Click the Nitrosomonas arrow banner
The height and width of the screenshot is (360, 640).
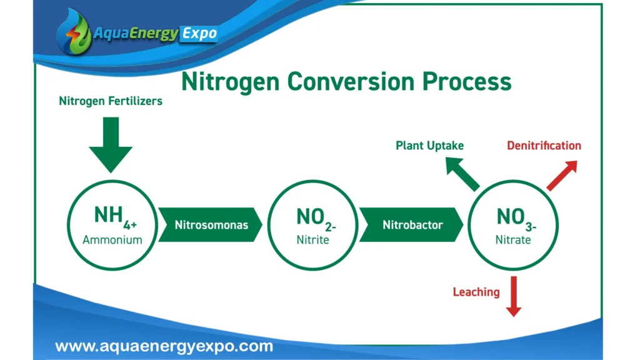(210, 225)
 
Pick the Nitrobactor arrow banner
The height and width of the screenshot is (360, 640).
(411, 225)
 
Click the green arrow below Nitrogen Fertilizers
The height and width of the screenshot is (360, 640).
(111, 145)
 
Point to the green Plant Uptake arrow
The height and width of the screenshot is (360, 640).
(462, 174)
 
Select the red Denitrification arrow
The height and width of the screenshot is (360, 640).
(562, 176)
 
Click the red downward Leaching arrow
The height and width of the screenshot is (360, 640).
(514, 296)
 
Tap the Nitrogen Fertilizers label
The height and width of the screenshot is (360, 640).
(111, 101)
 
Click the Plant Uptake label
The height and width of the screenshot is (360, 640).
(429, 146)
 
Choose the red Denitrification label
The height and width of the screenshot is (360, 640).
(544, 146)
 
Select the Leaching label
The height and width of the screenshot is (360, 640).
(476, 292)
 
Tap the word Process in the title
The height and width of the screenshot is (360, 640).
(466, 82)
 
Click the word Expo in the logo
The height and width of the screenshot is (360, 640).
(199, 34)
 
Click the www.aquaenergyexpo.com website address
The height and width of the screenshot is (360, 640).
(164, 346)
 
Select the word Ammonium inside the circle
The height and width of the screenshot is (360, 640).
(112, 239)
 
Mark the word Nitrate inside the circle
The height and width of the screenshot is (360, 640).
(513, 239)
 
